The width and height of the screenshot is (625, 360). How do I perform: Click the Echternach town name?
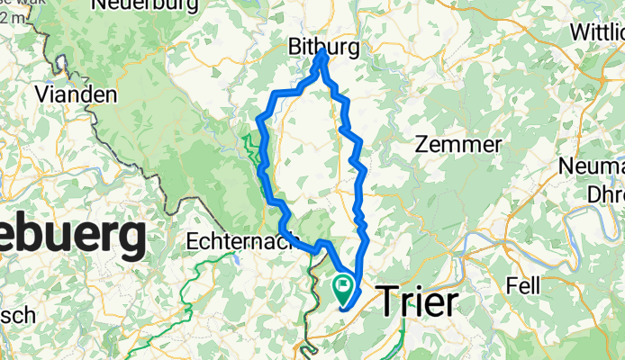pos(238,241)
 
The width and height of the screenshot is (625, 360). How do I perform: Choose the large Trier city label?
pos(417,302)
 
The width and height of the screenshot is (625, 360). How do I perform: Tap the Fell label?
pos(522,285)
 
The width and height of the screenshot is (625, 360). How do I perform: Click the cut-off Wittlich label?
pos(597,31)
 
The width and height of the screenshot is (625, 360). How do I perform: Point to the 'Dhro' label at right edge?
pos(603,192)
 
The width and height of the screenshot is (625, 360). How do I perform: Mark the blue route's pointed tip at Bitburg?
pos(322,53)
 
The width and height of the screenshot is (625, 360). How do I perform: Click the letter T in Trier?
pos(386,302)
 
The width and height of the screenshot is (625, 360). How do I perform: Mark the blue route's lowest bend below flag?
pos(345,310)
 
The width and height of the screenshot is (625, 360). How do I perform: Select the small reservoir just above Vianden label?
pos(61,67)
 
